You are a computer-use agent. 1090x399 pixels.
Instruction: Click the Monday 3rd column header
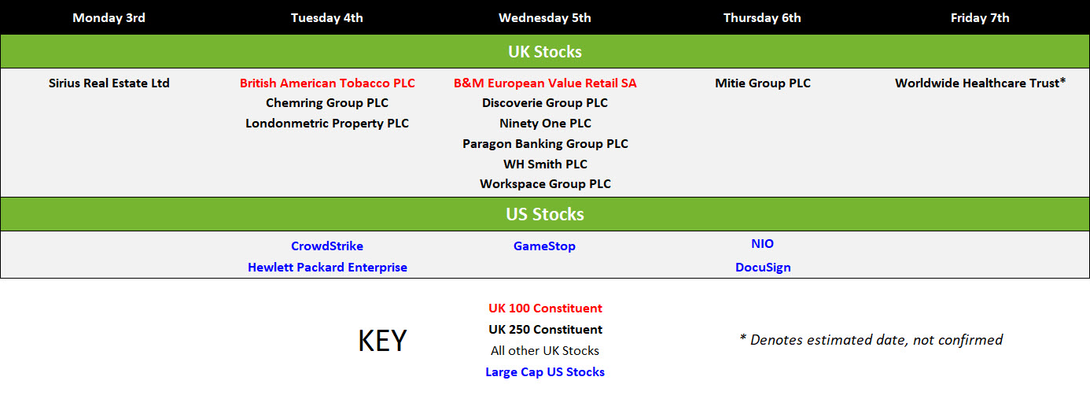pos(109,18)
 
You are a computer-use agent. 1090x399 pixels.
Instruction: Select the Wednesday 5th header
pos(544,18)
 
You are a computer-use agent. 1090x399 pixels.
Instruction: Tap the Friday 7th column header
pos(980,18)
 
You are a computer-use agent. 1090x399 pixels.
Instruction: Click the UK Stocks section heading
pos(544,52)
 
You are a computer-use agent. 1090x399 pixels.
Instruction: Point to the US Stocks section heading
pos(544,214)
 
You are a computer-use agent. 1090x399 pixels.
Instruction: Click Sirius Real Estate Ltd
pos(109,83)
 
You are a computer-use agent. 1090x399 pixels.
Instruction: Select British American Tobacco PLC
pos(327,83)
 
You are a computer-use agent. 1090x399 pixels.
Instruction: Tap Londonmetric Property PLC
pos(327,124)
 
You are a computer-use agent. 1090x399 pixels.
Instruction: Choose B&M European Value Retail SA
pos(545,83)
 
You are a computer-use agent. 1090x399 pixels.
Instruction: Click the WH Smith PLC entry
pos(545,164)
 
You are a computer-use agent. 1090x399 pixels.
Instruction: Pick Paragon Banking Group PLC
pos(545,144)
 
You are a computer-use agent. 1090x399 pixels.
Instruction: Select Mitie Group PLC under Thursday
pos(763,83)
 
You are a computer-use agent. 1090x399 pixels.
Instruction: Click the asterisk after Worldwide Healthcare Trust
pos(1062,81)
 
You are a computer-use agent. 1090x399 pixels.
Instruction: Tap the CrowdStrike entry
pos(327,246)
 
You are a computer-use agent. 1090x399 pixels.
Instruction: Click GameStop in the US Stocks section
pos(544,246)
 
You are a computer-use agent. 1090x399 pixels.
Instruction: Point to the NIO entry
pos(763,244)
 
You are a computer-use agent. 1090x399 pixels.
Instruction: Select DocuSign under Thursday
pos(763,268)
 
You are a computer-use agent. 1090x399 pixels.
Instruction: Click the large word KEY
pos(382,341)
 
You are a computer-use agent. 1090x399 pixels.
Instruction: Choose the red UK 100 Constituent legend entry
pos(545,308)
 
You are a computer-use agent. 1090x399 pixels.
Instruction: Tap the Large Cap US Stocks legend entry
pos(545,372)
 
